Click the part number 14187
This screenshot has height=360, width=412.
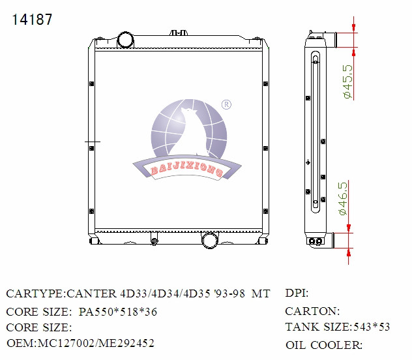(32, 20)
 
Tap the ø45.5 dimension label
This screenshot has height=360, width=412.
(347, 82)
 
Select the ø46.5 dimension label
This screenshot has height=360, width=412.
(343, 199)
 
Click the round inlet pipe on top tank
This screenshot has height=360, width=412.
(125, 40)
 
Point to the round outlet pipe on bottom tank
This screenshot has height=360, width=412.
(209, 240)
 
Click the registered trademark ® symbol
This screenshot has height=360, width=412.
(226, 104)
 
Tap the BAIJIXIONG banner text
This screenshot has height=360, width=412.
(187, 169)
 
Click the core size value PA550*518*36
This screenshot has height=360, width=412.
(118, 312)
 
